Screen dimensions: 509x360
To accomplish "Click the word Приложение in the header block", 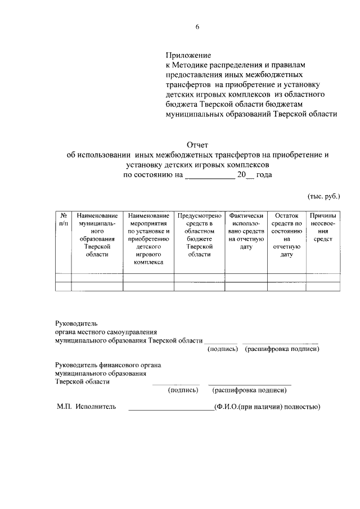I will pos(188,56).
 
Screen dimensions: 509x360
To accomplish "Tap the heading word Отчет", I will pos(197,146).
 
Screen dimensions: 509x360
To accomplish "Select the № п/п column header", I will pos(63,219).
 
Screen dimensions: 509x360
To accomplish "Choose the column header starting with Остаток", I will pos(286,235).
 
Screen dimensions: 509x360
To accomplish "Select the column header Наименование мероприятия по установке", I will pos(148,239).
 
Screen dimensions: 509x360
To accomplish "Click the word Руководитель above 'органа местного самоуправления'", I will pos(76,323).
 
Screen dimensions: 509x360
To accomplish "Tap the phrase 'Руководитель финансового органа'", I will pos(108,364).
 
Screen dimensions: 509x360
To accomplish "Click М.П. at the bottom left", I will pos(63,407).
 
